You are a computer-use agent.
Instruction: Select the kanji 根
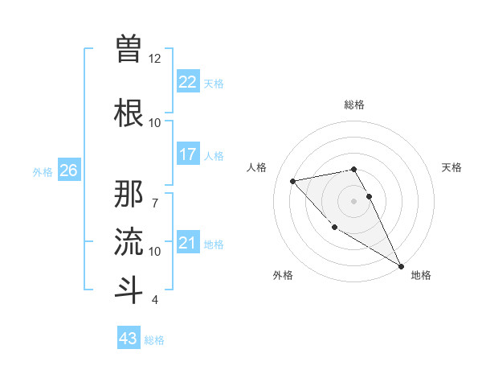[x=129, y=111]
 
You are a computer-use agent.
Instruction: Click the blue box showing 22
[x=187, y=81]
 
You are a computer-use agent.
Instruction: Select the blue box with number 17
[x=187, y=154]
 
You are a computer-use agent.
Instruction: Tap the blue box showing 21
[x=187, y=243]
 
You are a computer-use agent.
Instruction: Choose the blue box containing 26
[x=68, y=171]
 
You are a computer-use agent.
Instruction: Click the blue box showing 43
[x=128, y=339]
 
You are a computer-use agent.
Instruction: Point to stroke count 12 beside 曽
[x=155, y=59]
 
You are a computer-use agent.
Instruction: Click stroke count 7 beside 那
[x=155, y=195]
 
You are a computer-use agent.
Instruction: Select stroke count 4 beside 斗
[x=155, y=300]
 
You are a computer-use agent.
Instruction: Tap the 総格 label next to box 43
[x=154, y=340]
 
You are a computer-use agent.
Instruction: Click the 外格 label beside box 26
[x=43, y=171]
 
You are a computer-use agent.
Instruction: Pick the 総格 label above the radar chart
[x=353, y=105]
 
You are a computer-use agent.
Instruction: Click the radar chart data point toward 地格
[x=401, y=266]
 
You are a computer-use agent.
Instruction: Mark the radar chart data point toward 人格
[x=293, y=181]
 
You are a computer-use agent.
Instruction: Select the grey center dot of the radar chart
[x=353, y=200]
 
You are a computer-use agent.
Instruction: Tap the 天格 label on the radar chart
[x=451, y=167]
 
